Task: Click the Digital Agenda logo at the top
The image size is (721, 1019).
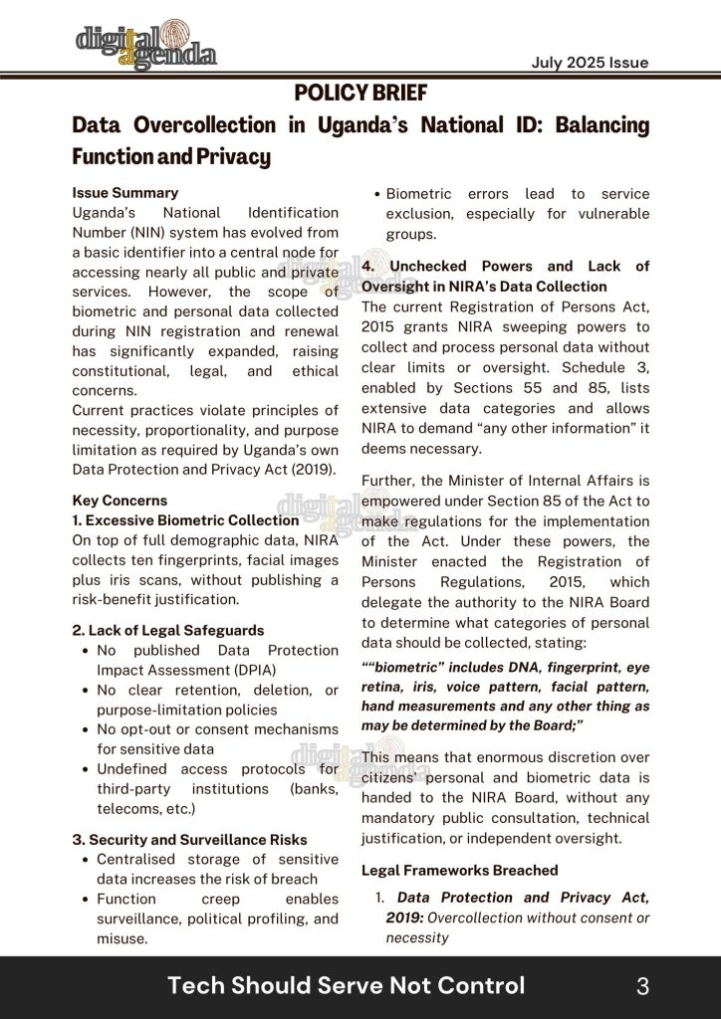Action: click(x=146, y=45)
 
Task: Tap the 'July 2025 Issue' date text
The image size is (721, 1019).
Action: click(x=590, y=63)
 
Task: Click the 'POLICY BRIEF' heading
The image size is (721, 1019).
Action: click(x=360, y=94)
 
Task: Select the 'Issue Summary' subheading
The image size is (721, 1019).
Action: click(x=125, y=193)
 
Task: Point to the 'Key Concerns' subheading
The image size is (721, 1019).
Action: click(x=120, y=501)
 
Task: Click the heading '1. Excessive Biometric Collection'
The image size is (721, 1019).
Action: click(x=185, y=520)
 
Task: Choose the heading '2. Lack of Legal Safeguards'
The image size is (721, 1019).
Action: click(x=168, y=630)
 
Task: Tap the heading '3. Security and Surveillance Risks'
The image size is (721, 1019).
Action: click(x=189, y=840)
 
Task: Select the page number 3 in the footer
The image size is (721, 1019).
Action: click(x=642, y=986)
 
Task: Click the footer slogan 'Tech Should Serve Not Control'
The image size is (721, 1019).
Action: click(x=346, y=986)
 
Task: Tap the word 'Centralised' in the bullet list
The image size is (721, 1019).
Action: click(x=138, y=859)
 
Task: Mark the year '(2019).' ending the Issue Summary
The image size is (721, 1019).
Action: click(x=310, y=470)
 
